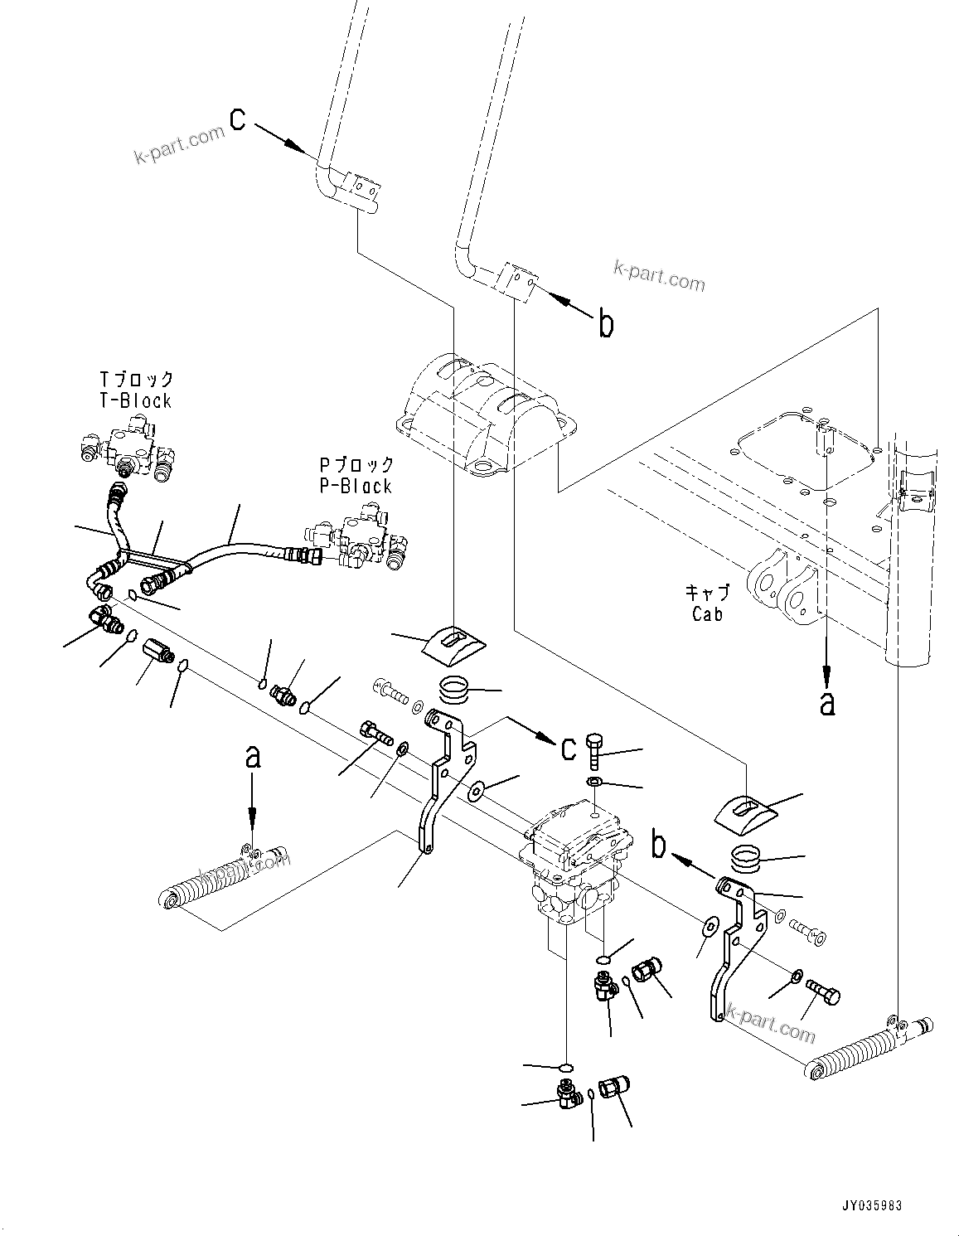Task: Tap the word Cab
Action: click(x=707, y=614)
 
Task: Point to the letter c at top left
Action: click(x=237, y=120)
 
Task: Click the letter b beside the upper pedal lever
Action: click(x=606, y=324)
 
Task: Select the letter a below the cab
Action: click(x=826, y=703)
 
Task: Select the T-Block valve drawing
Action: click(x=128, y=448)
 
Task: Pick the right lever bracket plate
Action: click(x=734, y=945)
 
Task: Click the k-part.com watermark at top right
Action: click(x=659, y=275)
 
